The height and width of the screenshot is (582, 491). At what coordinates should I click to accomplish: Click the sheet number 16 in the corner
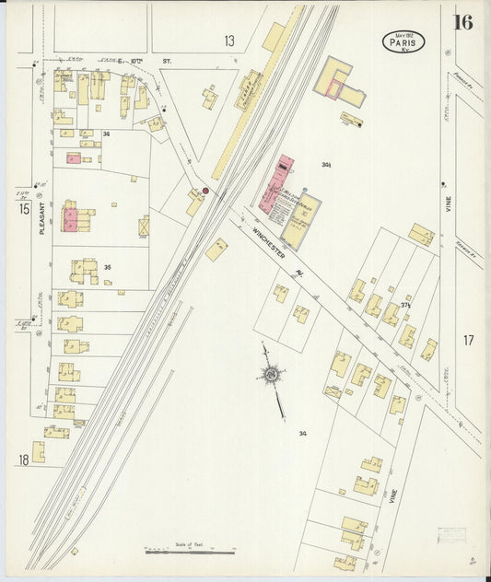pyautogui.click(x=462, y=22)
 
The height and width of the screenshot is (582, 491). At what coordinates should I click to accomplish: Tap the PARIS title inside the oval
pyautogui.click(x=403, y=41)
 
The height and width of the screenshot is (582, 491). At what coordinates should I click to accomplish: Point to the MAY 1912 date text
pyautogui.click(x=403, y=33)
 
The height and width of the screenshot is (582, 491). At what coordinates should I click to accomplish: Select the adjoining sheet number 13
pyautogui.click(x=228, y=41)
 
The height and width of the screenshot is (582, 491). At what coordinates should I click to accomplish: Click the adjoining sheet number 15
pyautogui.click(x=25, y=209)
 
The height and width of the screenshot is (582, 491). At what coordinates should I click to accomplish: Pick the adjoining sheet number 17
pyautogui.click(x=468, y=341)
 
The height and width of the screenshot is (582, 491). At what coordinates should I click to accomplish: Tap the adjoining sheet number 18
pyautogui.click(x=21, y=459)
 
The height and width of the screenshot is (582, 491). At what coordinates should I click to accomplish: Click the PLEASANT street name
pyautogui.click(x=42, y=220)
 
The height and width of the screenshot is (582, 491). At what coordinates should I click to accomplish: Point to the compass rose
pyautogui.click(x=272, y=375)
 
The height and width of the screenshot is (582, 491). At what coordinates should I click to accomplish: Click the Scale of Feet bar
pyautogui.click(x=190, y=552)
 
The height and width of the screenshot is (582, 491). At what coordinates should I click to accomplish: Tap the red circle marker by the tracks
pyautogui.click(x=205, y=192)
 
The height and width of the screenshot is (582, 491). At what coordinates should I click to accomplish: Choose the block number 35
pyautogui.click(x=107, y=268)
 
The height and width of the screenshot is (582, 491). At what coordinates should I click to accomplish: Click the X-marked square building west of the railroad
pyautogui.click(x=144, y=226)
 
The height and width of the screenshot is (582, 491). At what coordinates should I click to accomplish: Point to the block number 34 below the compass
pyautogui.click(x=302, y=433)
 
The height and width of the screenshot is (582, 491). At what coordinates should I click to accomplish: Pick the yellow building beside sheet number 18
pyautogui.click(x=39, y=452)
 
